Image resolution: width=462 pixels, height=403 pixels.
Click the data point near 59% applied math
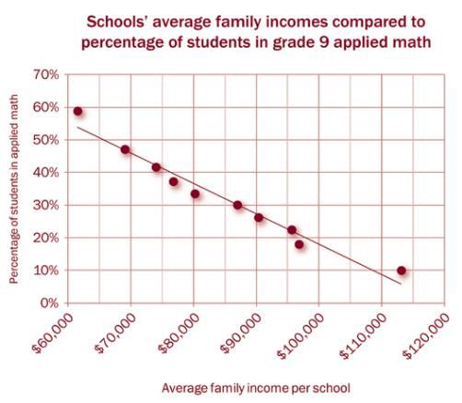point(78,111)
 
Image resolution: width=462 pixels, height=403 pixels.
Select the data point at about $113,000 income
point(401,271)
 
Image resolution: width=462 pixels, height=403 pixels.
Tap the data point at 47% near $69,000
point(125,150)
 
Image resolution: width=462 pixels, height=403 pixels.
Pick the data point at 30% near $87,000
point(237,205)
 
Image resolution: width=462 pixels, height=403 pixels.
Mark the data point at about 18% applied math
point(299,245)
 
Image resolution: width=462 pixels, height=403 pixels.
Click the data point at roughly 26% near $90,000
point(259,217)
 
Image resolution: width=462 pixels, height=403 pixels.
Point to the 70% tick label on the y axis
point(45,75)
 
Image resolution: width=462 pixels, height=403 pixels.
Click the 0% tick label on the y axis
point(49,303)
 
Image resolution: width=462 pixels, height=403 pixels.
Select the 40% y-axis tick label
point(45,172)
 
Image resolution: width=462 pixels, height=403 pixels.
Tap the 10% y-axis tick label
point(45,271)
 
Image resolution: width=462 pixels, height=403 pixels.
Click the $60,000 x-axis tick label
point(53,333)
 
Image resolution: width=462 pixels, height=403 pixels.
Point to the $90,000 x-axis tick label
point(241,333)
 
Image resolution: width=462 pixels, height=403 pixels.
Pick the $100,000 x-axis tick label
point(301,336)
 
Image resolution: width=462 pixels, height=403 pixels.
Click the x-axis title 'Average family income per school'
point(256,388)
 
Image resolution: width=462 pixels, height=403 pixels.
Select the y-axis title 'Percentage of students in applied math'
point(14,189)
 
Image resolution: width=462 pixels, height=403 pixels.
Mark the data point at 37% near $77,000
point(173,182)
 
